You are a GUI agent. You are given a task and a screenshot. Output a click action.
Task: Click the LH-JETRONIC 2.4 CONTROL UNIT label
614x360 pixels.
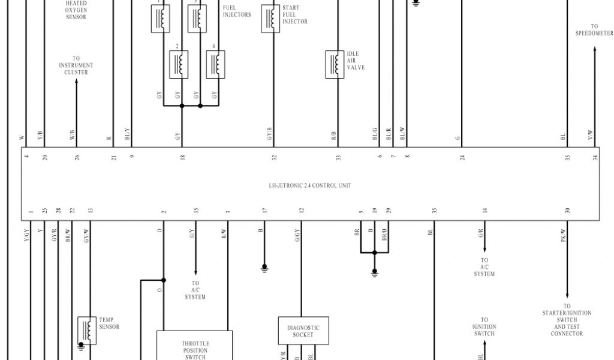pyautogui.click(x=309, y=185)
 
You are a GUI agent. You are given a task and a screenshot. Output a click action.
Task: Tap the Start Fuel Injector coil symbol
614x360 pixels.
pyautogui.click(x=270, y=19)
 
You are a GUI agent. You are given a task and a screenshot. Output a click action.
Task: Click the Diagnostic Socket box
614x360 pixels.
pyautogui.click(x=303, y=331)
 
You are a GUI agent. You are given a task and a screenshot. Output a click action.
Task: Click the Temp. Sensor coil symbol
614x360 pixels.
pyautogui.click(x=87, y=330)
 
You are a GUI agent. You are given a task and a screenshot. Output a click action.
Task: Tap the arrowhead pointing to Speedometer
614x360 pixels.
pyautogui.click(x=594, y=50)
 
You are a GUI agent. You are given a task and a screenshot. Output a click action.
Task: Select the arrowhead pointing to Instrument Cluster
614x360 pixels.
pyautogui.click(x=76, y=82)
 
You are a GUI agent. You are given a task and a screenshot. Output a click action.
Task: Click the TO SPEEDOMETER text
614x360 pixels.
pyautogui.click(x=594, y=30)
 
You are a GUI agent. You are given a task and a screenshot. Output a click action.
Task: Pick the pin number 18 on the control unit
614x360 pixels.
pyautogui.click(x=182, y=157)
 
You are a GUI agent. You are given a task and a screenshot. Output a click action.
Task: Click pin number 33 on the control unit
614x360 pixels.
pyautogui.click(x=338, y=157)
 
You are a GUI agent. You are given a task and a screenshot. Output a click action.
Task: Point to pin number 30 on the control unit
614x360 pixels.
pyautogui.click(x=567, y=211)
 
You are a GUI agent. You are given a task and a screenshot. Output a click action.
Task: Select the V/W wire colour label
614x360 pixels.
pyautogui.click(x=590, y=136)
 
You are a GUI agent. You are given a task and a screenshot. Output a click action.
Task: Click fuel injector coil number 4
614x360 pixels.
pyautogui.click(x=215, y=64)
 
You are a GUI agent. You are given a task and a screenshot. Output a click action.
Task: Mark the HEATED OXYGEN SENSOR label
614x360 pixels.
pyautogui.click(x=76, y=10)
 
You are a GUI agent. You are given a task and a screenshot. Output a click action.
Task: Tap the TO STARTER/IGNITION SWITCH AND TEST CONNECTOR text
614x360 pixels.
pyautogui.click(x=567, y=323)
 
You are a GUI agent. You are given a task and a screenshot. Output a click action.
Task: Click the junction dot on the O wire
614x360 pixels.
pyautogui.click(x=163, y=280)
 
